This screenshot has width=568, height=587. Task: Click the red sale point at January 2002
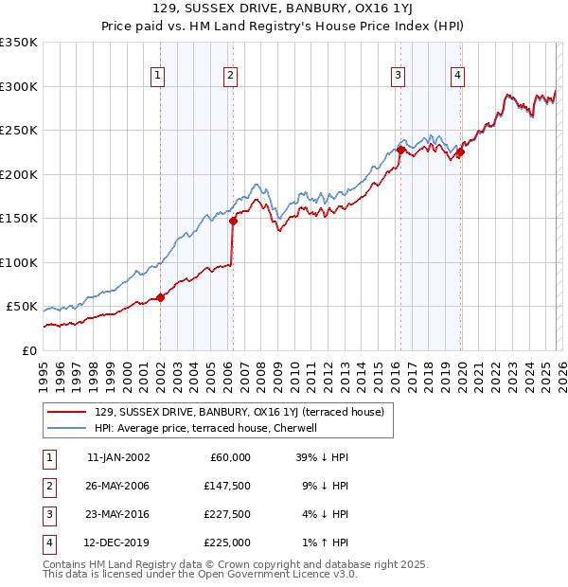pos(160,297)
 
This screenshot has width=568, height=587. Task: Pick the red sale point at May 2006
pos(233,221)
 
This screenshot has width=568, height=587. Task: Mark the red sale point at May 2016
pos(400,150)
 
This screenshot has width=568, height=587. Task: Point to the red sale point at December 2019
pos(460,152)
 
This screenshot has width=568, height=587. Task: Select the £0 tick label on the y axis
pos(28,350)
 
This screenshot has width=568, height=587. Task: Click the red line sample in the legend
pos(68,412)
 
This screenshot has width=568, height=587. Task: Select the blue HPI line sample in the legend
pos(68,428)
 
